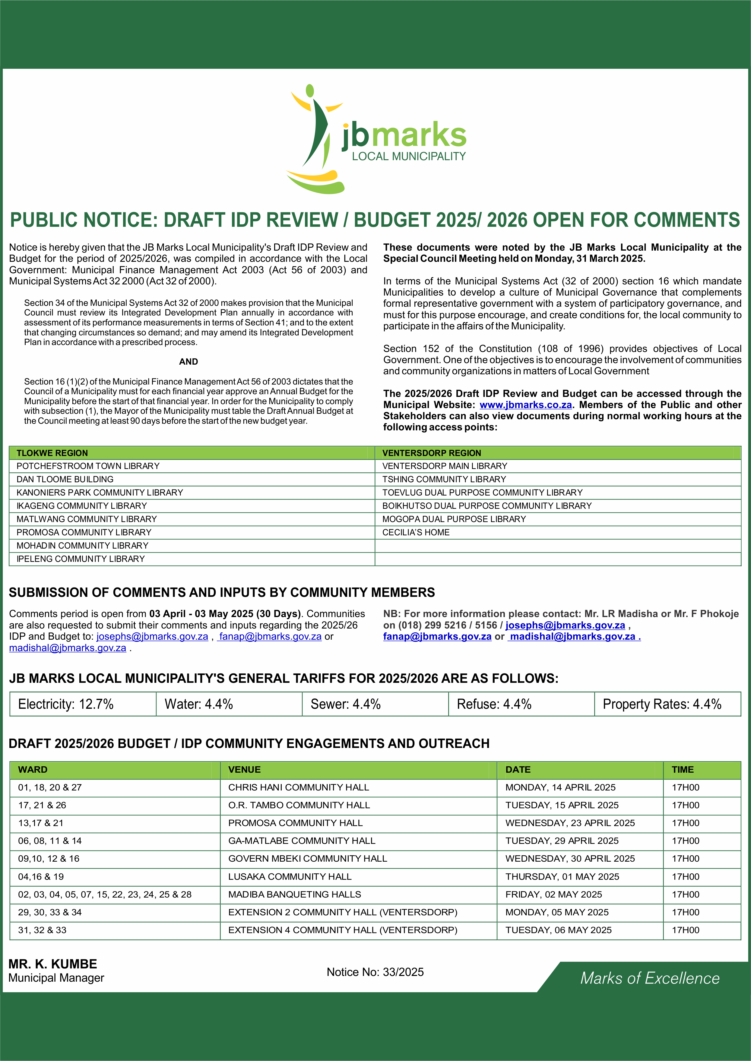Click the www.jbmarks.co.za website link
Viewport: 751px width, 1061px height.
point(526,405)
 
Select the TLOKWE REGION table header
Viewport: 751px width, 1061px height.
point(52,453)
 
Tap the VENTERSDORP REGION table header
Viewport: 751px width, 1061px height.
point(432,453)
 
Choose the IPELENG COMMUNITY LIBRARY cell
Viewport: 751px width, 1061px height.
point(81,559)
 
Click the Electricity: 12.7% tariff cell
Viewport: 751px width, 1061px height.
point(66,704)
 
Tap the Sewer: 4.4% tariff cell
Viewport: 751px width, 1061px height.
point(345,704)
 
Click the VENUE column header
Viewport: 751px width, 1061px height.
point(244,770)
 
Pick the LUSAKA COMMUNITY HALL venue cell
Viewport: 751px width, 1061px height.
point(290,876)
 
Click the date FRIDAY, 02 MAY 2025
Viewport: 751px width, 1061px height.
point(553,895)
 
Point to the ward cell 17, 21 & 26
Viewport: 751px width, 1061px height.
point(42,805)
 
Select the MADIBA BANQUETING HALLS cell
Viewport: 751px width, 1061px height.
point(295,895)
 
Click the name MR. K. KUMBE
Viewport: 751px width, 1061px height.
point(53,964)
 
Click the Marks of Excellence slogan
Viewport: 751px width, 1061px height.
point(650,978)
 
